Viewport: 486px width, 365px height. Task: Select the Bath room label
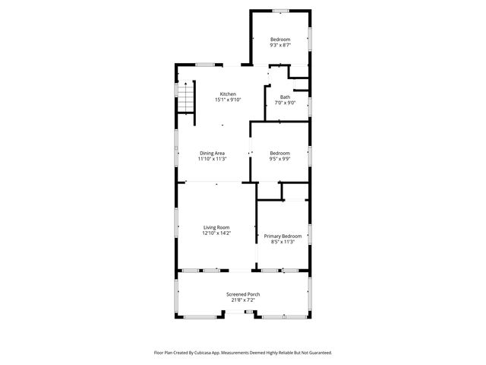[x=285, y=97]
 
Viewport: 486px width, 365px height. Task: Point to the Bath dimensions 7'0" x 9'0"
[x=285, y=103]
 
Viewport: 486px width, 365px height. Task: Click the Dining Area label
[x=212, y=153]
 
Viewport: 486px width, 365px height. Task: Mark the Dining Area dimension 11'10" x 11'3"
[x=212, y=159]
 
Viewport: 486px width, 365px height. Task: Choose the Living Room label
[x=216, y=227]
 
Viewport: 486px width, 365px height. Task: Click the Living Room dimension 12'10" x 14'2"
[x=216, y=233]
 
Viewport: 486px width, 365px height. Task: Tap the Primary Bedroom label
[x=282, y=236]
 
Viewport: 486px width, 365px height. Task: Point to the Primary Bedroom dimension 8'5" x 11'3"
[x=282, y=242]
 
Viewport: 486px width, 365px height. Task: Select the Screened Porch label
[x=243, y=294]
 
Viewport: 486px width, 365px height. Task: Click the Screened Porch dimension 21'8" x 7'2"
[x=243, y=300]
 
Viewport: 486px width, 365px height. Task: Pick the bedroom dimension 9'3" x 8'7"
[x=280, y=45]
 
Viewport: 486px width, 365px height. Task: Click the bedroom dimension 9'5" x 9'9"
[x=279, y=159]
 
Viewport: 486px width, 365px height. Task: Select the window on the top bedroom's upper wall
[x=280, y=11]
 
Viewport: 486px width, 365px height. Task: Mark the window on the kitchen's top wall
[x=204, y=64]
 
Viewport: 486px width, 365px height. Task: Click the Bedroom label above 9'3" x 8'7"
[x=280, y=39]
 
